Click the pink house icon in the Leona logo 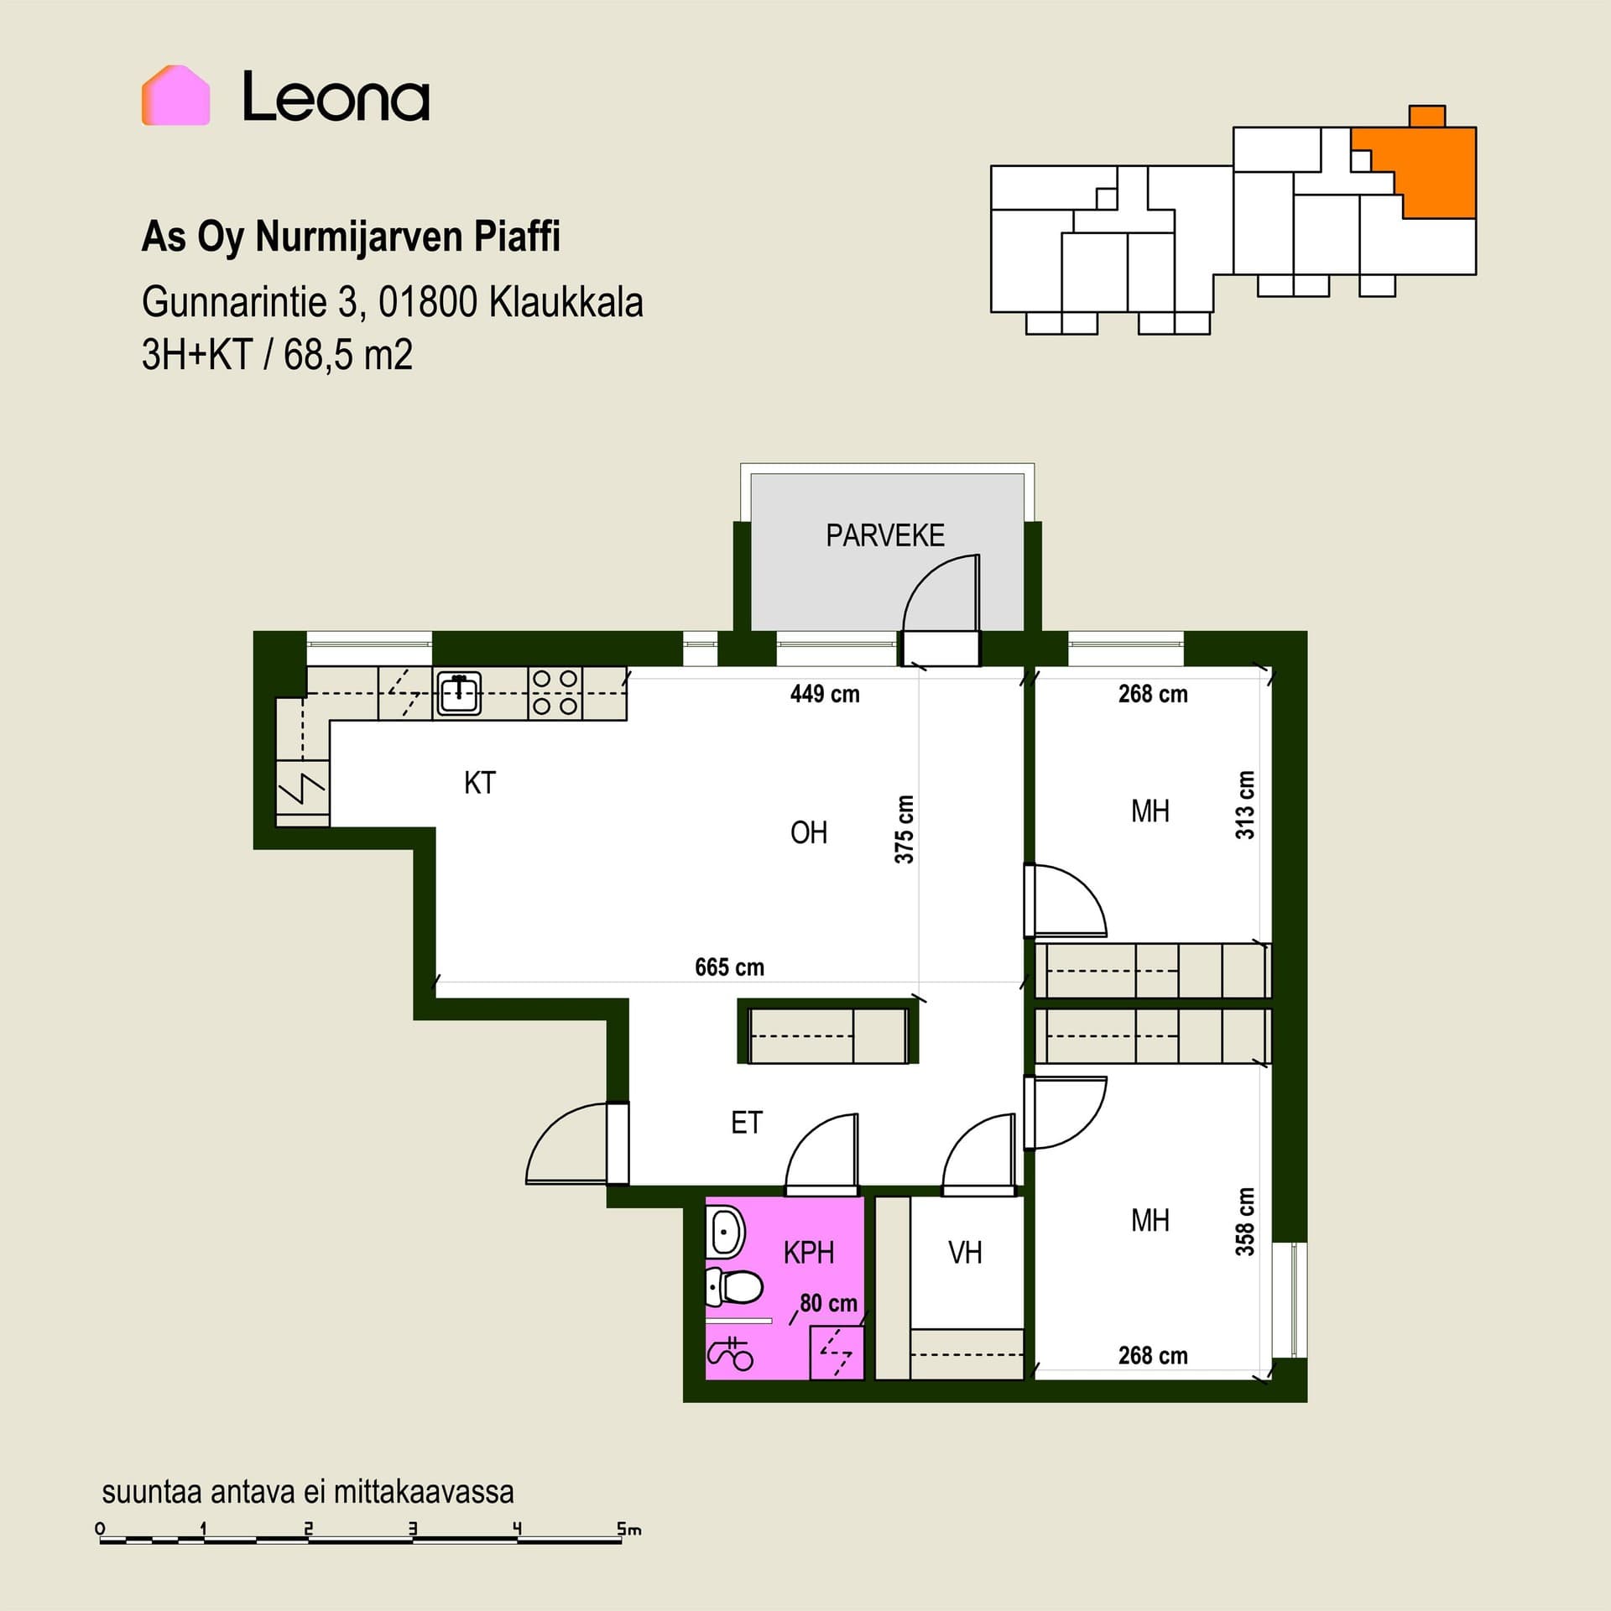(x=175, y=95)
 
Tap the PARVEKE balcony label (x=885, y=535)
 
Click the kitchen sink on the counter (x=458, y=694)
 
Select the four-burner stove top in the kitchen (x=555, y=693)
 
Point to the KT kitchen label (x=480, y=783)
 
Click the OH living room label (x=809, y=832)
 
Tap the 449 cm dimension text (x=825, y=694)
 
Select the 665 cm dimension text (x=729, y=967)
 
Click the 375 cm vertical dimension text (x=904, y=829)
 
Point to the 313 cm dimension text (x=1245, y=805)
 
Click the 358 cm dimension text (x=1245, y=1222)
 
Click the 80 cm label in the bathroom (x=828, y=1303)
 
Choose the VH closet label (x=965, y=1254)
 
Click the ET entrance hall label (x=747, y=1123)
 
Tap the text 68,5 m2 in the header (x=348, y=355)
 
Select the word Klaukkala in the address (x=566, y=302)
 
